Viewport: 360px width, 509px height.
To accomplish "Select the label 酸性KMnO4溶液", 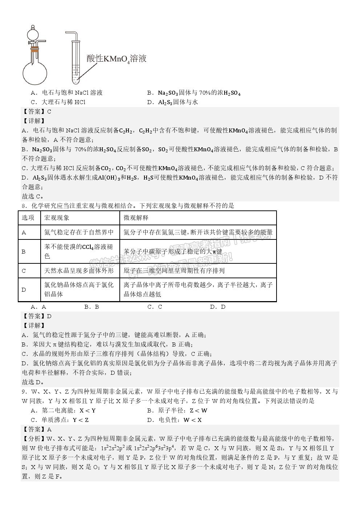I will pyautogui.click(x=116, y=59).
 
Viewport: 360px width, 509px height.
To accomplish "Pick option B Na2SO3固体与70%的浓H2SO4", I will pyautogui.click(x=194, y=93).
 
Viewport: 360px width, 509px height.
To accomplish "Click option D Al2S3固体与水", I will pyautogui.click(x=172, y=102).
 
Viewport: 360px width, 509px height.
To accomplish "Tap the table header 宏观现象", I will pyautogui.click(x=57, y=218).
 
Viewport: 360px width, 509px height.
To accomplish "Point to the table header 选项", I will pyautogui.click(x=28, y=218).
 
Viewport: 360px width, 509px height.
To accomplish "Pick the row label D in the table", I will pyautogui.click(x=24, y=290).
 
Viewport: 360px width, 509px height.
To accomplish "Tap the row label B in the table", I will pyautogui.click(x=24, y=251).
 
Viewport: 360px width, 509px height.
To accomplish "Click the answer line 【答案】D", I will pyautogui.click(x=37, y=316).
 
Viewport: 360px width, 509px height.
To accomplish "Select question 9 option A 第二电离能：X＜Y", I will pyautogui.click(x=64, y=411).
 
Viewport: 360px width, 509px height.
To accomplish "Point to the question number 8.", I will pyautogui.click(x=24, y=206).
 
